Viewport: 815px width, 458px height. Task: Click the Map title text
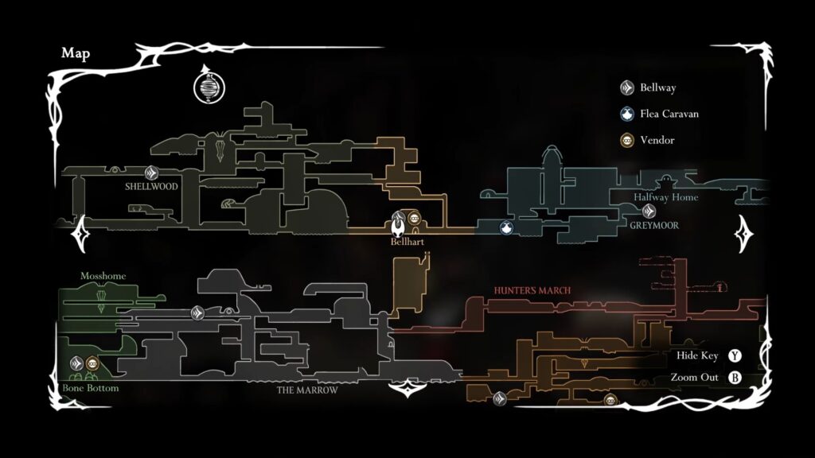[x=76, y=53]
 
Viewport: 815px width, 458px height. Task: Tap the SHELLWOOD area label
[x=151, y=186]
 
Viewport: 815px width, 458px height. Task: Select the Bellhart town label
[x=407, y=242]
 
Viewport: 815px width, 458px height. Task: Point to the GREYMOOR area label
[x=654, y=225]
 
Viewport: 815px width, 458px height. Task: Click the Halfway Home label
[x=666, y=197]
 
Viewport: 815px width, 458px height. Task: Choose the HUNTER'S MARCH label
[x=532, y=290]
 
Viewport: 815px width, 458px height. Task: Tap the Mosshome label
[x=103, y=276]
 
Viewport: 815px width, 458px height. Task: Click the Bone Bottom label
[x=91, y=388]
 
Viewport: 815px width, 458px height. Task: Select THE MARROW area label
[x=307, y=390]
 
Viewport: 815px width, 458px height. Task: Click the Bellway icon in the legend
[x=627, y=87]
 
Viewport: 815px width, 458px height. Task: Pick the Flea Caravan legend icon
[x=627, y=114]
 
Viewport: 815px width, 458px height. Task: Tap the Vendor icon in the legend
[x=627, y=140]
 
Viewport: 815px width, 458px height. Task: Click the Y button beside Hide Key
[x=735, y=355]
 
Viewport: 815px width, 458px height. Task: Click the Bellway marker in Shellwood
[x=151, y=173]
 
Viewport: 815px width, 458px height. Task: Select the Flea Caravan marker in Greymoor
[x=506, y=227]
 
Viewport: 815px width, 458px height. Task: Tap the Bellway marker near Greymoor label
[x=648, y=212]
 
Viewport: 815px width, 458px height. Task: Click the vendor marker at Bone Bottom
[x=92, y=363]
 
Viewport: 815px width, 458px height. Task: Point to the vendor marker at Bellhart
[x=414, y=218]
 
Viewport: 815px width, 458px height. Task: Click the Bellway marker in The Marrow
[x=197, y=313]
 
